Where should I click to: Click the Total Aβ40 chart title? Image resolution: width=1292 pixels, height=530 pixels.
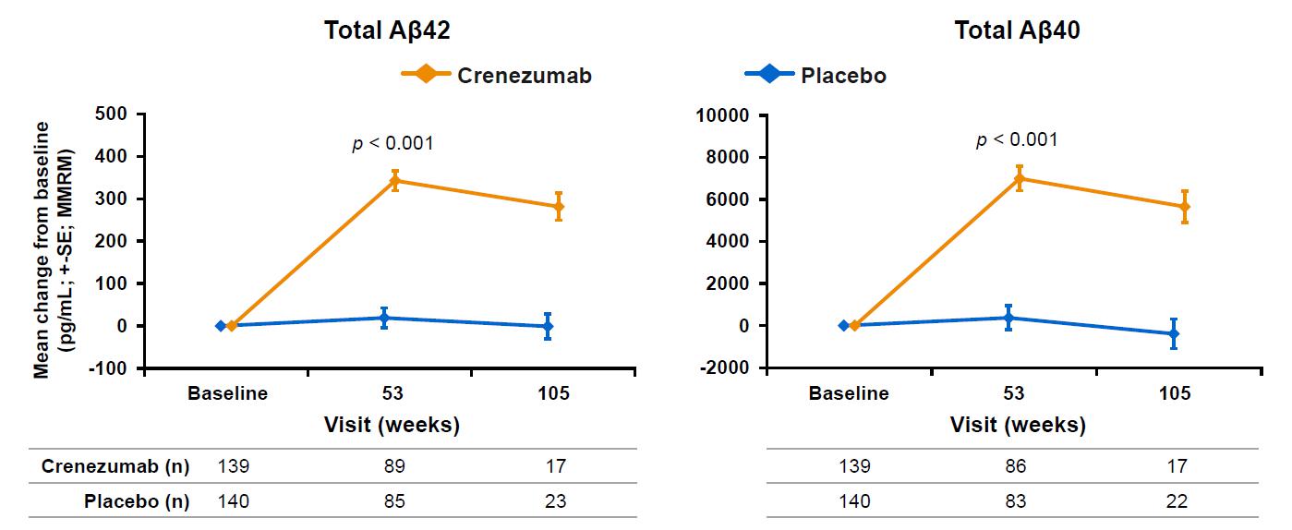coord(1017,31)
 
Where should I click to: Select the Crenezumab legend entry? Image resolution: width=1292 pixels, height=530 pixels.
coord(525,76)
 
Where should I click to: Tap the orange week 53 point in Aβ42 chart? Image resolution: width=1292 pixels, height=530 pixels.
coord(394,181)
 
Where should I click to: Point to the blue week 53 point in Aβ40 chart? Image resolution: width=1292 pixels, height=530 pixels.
coord(1008,318)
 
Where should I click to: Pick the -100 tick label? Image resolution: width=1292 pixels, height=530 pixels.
coord(113,367)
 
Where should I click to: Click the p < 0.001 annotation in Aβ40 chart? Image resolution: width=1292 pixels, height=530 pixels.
coord(1017,140)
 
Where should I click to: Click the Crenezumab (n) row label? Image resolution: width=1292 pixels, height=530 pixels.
coord(115,466)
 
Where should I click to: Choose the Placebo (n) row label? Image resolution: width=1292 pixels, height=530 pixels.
coord(137,502)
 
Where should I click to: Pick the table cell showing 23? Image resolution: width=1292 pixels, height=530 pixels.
coord(555,502)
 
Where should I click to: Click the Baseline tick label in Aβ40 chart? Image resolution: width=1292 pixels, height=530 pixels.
coord(849,393)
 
